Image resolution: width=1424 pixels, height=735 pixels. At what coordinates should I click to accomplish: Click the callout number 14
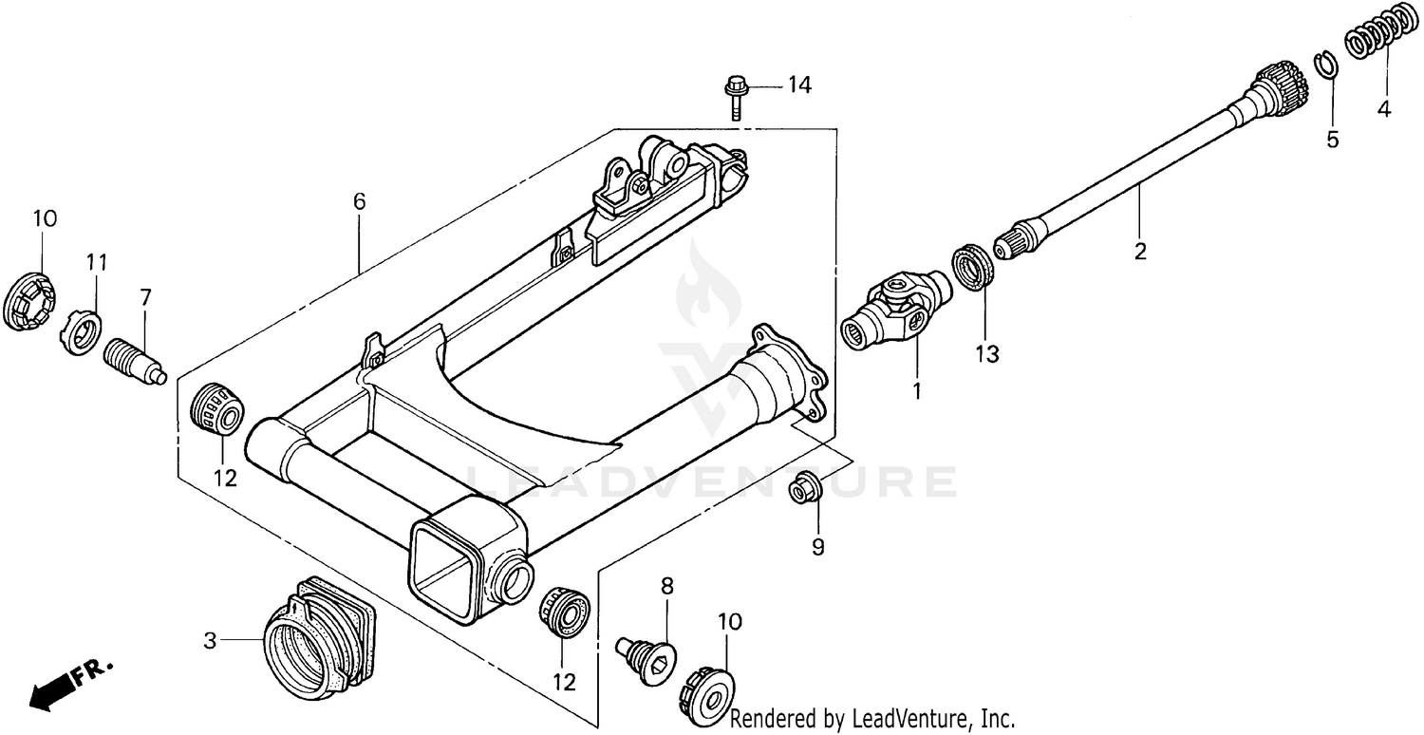[799, 85]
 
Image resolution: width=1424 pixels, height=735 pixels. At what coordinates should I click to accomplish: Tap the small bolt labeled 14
[736, 95]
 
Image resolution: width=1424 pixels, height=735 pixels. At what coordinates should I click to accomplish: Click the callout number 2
[1139, 252]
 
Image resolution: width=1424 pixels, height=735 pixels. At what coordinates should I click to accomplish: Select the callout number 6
[359, 201]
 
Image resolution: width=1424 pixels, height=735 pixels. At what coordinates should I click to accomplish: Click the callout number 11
[98, 261]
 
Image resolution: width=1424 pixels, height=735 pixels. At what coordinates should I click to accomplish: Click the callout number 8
[666, 586]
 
